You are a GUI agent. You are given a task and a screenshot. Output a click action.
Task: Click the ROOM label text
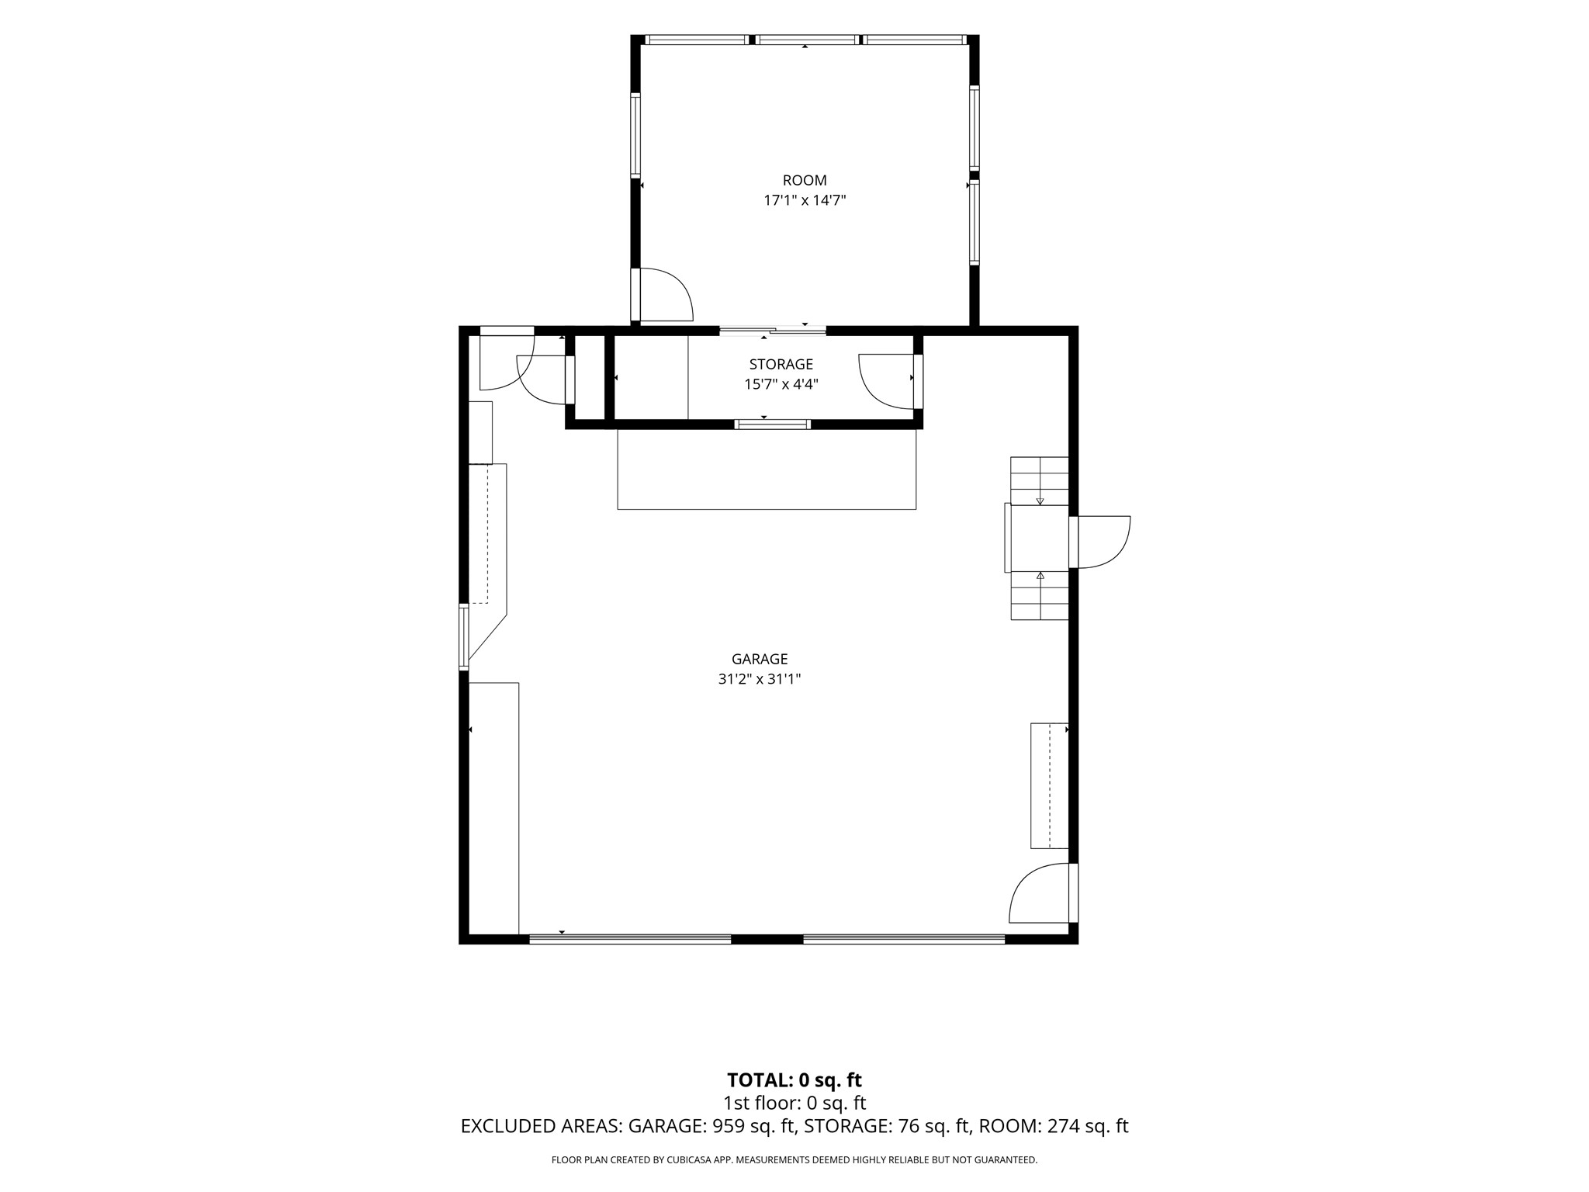click(805, 181)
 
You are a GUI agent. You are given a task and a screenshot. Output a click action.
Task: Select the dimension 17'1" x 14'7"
click(805, 200)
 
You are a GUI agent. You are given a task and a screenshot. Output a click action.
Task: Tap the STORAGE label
click(781, 364)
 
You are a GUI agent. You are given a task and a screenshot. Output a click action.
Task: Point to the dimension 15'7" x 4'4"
click(781, 384)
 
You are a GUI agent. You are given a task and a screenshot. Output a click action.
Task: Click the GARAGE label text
click(760, 659)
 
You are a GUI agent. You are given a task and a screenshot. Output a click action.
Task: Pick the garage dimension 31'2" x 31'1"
click(760, 679)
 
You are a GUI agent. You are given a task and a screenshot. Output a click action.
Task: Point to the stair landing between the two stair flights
click(1039, 539)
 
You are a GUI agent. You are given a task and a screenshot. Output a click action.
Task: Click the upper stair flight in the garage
click(1040, 481)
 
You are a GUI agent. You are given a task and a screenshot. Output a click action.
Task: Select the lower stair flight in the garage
click(1040, 596)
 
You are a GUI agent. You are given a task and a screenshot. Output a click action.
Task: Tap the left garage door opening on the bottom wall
click(630, 939)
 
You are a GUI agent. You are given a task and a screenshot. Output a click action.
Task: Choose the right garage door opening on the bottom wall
click(904, 939)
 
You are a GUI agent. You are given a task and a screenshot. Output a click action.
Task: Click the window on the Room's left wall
click(635, 134)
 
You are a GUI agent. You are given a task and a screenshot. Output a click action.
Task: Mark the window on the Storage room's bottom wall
click(773, 424)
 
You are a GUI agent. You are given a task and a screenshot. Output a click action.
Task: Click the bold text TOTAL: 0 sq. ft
click(794, 1080)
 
